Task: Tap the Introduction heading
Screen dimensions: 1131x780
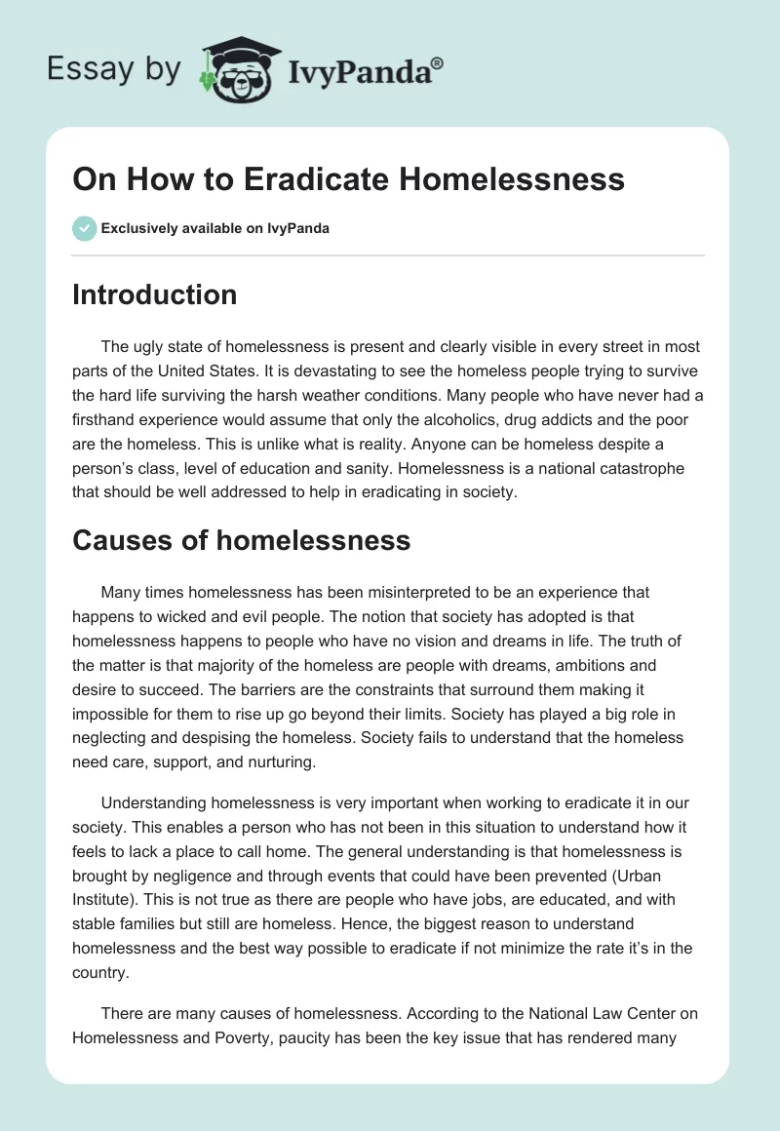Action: pos(154,294)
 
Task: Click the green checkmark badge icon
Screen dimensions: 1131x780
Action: pos(84,228)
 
